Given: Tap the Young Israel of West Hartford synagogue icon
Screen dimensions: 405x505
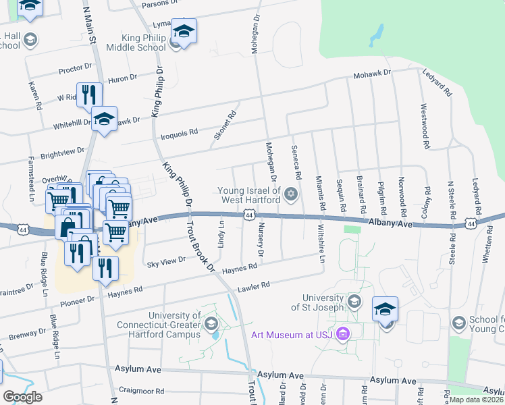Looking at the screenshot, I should (291, 195).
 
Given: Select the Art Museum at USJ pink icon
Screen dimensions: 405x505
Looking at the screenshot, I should (342, 333).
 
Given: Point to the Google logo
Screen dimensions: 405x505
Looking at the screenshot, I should (22, 396).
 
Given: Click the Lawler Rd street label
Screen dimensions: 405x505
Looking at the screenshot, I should (252, 287).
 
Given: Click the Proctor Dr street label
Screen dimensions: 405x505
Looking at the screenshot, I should (75, 68).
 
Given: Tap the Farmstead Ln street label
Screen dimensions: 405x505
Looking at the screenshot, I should (31, 179).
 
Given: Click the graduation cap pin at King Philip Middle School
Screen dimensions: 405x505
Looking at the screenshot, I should (183, 31).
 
